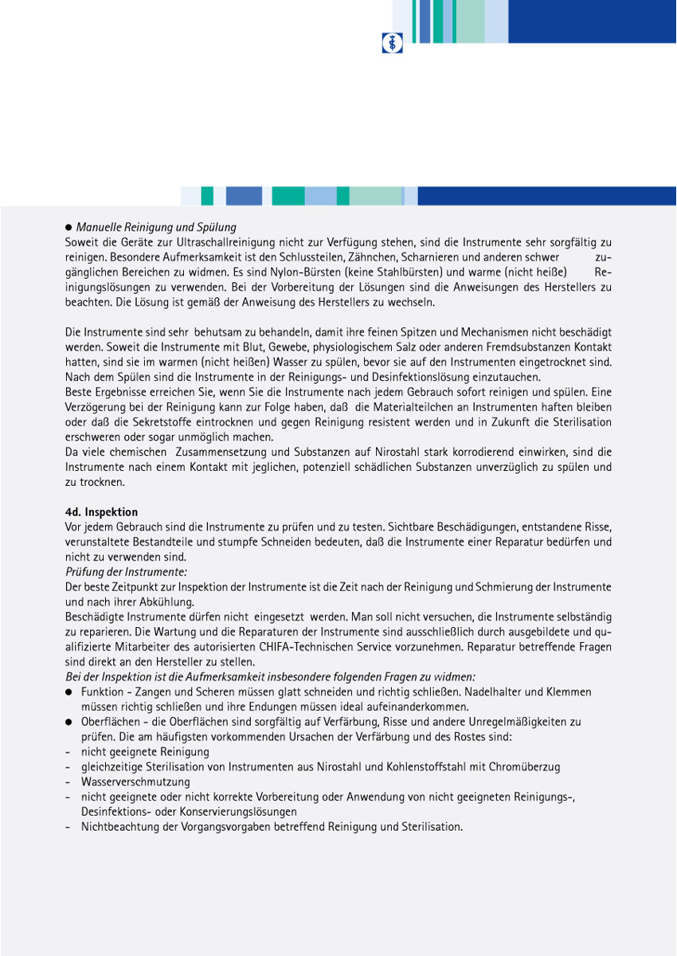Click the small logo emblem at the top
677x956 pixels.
point(392,43)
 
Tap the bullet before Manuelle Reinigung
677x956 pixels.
point(69,228)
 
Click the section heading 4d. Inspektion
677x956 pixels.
point(102,511)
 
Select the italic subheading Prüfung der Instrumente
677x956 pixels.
point(127,572)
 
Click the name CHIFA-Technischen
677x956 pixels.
point(353,647)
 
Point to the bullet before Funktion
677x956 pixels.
point(69,692)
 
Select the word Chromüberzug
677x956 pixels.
point(528,766)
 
